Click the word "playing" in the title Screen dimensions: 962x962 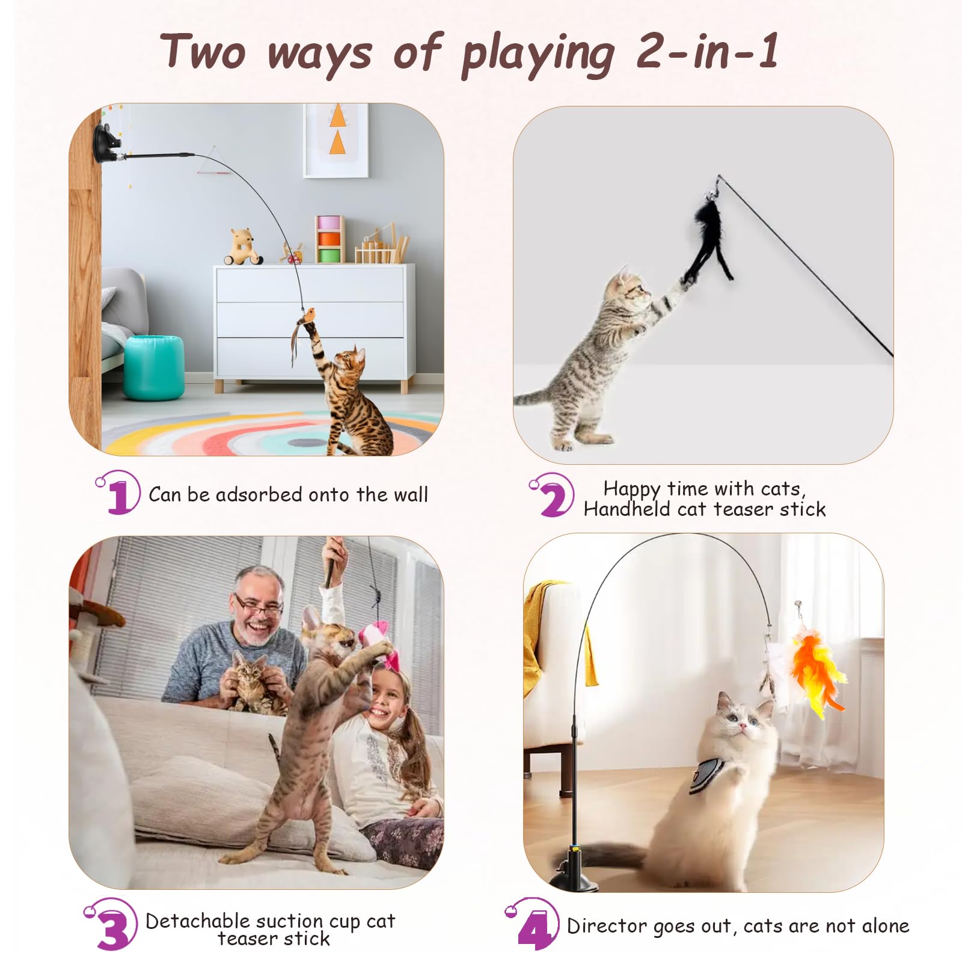pyautogui.click(x=538, y=55)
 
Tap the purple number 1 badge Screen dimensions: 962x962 pyautogui.click(x=118, y=492)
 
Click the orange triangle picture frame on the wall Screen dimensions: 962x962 pyautogui.click(x=336, y=139)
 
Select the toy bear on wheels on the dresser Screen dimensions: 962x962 pyautogui.click(x=243, y=247)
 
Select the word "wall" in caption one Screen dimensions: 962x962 pyautogui.click(x=411, y=495)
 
